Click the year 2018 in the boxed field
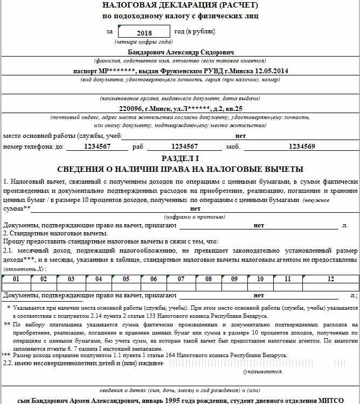[x=144, y=33]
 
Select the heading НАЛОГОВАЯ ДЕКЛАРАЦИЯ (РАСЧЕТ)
[x=179, y=5]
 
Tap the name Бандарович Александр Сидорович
[x=181, y=52]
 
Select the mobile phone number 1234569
[x=302, y=146]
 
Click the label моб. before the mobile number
[x=232, y=147]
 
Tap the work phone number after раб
[x=184, y=146]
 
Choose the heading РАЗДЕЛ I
[x=180, y=158]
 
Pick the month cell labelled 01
[x=17, y=279]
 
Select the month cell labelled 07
[x=181, y=279]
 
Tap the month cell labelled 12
[x=330, y=279]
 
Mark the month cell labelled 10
[x=260, y=279]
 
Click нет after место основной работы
[x=240, y=136]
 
